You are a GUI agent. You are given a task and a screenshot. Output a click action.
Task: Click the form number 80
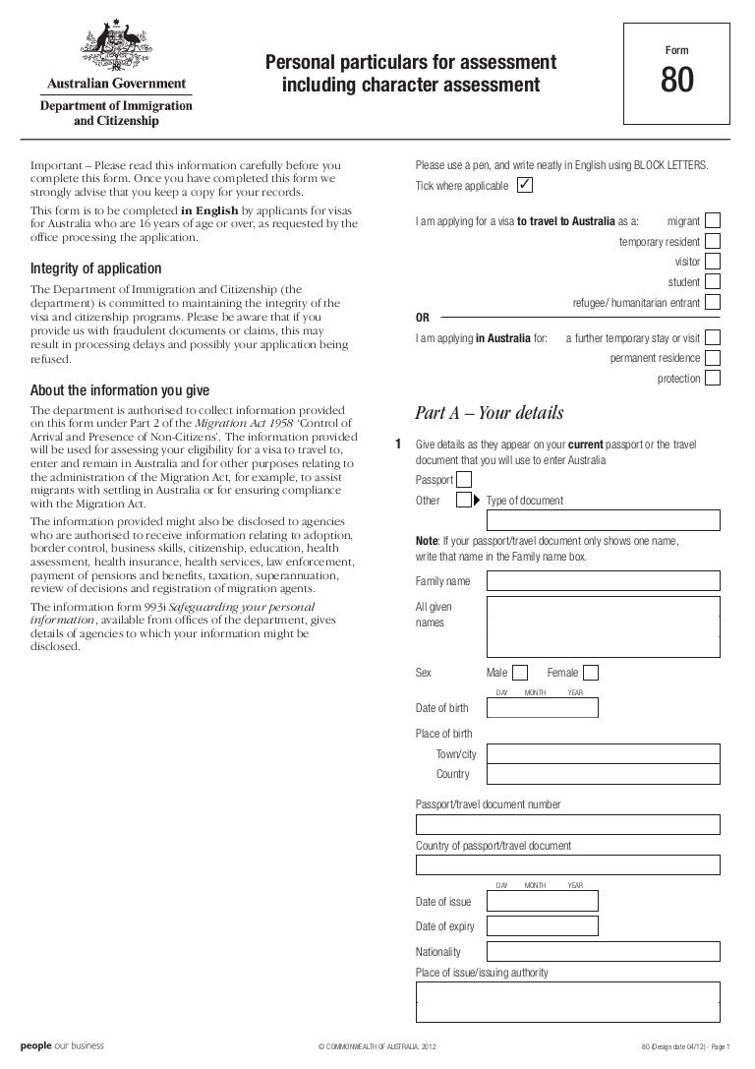tap(677, 86)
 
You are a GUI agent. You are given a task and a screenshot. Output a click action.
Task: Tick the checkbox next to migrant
tap(713, 220)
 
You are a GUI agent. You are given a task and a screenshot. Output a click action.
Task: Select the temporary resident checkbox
tap(713, 241)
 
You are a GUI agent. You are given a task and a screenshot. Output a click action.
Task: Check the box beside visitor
tap(713, 262)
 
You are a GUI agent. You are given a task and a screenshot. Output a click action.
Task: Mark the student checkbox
tap(713, 282)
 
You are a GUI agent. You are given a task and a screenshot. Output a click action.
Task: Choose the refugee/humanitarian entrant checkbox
tap(713, 303)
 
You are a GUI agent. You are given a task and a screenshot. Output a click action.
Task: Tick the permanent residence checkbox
tap(713, 358)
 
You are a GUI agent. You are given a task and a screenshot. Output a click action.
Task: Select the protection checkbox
tap(713, 378)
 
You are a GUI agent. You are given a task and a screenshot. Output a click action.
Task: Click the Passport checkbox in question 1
tap(464, 480)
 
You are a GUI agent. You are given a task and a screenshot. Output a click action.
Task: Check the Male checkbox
tap(521, 673)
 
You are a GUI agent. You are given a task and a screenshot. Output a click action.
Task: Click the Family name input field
tap(604, 581)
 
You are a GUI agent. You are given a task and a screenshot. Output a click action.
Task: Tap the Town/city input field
tap(604, 753)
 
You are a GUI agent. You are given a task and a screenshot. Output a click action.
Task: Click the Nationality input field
tap(604, 952)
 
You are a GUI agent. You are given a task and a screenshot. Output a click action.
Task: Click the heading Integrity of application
tap(96, 269)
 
